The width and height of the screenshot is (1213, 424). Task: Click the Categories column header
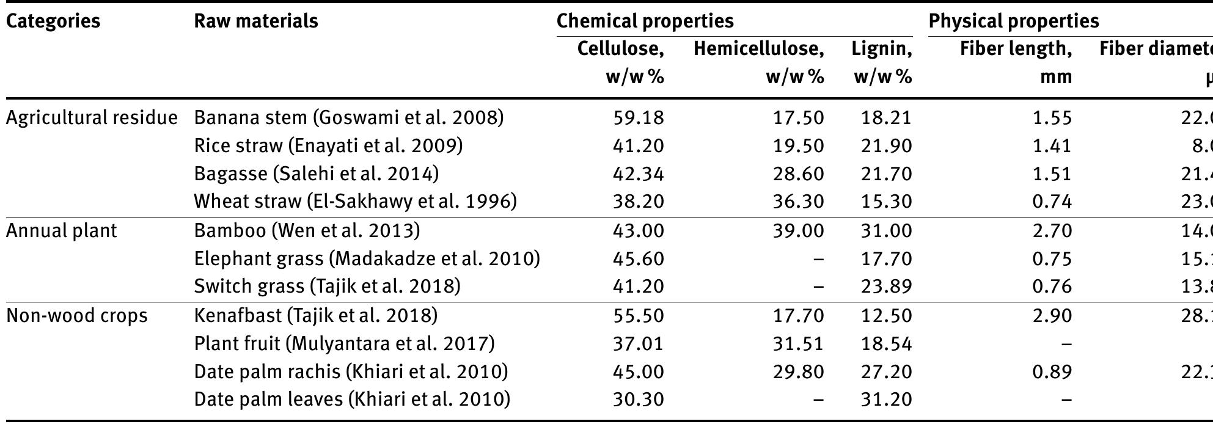53,21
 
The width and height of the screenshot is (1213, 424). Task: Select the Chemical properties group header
645,21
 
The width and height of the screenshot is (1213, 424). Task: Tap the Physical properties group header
1013,21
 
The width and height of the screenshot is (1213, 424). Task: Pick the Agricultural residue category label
92,117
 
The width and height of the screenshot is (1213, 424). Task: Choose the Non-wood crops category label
76,315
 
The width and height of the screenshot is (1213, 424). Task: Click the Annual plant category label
61,230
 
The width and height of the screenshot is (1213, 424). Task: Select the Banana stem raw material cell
349,117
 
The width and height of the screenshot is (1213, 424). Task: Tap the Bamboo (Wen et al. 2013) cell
307,230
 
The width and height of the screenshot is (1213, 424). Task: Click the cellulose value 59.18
638,117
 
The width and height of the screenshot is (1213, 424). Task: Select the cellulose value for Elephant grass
638,258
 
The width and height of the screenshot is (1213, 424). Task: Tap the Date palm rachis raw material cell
351,371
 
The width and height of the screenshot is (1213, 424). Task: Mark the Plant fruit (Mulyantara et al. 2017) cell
344,343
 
